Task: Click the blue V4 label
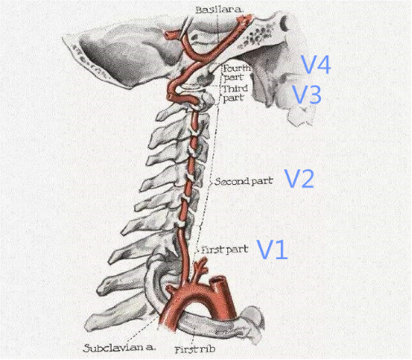[316, 64]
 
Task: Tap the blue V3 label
[307, 94]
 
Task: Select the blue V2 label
[299, 178]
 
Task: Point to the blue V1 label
[272, 249]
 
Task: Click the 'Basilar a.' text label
[219, 10]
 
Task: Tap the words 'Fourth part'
[236, 72]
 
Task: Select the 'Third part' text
[235, 93]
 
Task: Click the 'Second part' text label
[243, 182]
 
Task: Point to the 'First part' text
[225, 249]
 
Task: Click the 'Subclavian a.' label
[120, 348]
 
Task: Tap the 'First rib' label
[195, 349]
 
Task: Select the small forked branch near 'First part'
[200, 267]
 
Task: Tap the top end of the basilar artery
[244, 19]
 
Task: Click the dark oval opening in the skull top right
[285, 23]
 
